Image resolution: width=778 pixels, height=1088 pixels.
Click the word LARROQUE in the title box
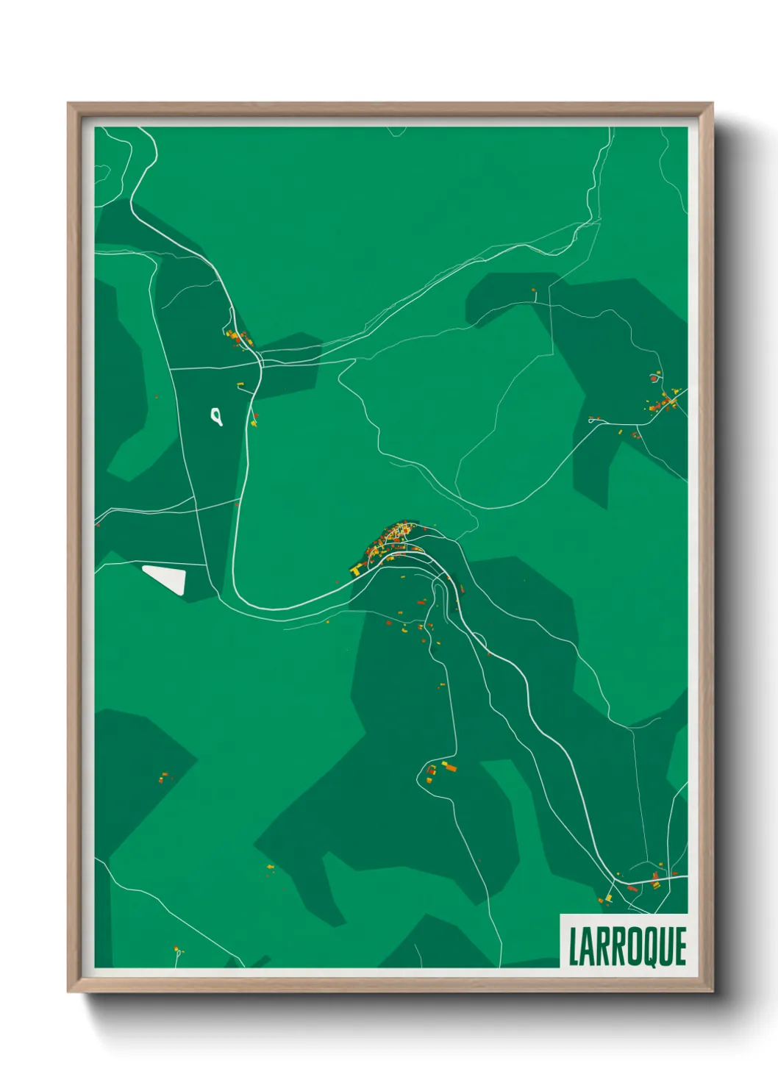pos(627,946)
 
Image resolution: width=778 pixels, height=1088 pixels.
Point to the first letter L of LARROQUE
pos(573,947)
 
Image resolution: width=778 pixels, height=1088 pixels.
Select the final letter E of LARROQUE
pos(680,947)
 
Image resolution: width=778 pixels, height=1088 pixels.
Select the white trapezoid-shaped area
pos(166,579)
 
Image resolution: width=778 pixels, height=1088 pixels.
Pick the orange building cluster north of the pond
pos(238,337)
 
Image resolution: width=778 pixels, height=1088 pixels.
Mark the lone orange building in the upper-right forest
pos(534,291)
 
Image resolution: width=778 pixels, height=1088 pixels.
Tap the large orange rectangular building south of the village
pos(449,767)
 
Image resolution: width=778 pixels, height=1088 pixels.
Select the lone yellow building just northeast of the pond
pos(240,384)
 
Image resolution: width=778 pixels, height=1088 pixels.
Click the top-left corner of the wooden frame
pos(68,104)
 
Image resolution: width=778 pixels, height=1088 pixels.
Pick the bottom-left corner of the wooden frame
pos(68,992)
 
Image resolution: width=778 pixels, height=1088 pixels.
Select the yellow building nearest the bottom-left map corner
pos(176,949)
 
